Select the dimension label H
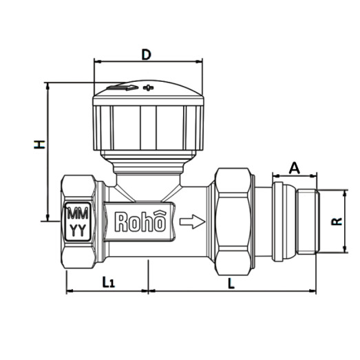pos(40,144)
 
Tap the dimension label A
pos(294,167)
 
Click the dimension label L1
pos(107,282)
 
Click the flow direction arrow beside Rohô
pos(192,222)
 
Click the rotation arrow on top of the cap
pos(123,88)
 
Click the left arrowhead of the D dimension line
pos(96,61)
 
